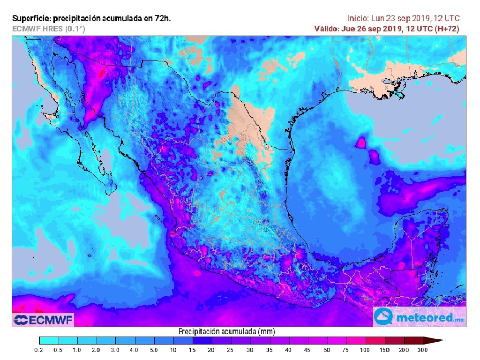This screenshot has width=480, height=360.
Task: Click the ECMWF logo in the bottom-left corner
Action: (x=43, y=320)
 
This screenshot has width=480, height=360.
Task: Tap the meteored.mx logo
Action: (x=419, y=317)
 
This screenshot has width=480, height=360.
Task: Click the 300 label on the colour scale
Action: (x=423, y=350)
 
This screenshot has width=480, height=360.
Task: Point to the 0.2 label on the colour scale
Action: (x=39, y=350)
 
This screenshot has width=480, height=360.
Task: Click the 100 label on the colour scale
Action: (x=365, y=350)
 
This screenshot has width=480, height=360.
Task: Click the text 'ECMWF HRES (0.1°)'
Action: (x=49, y=29)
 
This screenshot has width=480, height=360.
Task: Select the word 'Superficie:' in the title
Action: (x=31, y=19)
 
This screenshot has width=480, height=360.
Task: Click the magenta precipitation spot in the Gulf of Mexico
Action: (x=361, y=142)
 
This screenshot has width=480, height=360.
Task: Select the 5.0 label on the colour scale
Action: (x=154, y=350)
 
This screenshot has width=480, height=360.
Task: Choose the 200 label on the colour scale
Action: (x=404, y=350)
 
